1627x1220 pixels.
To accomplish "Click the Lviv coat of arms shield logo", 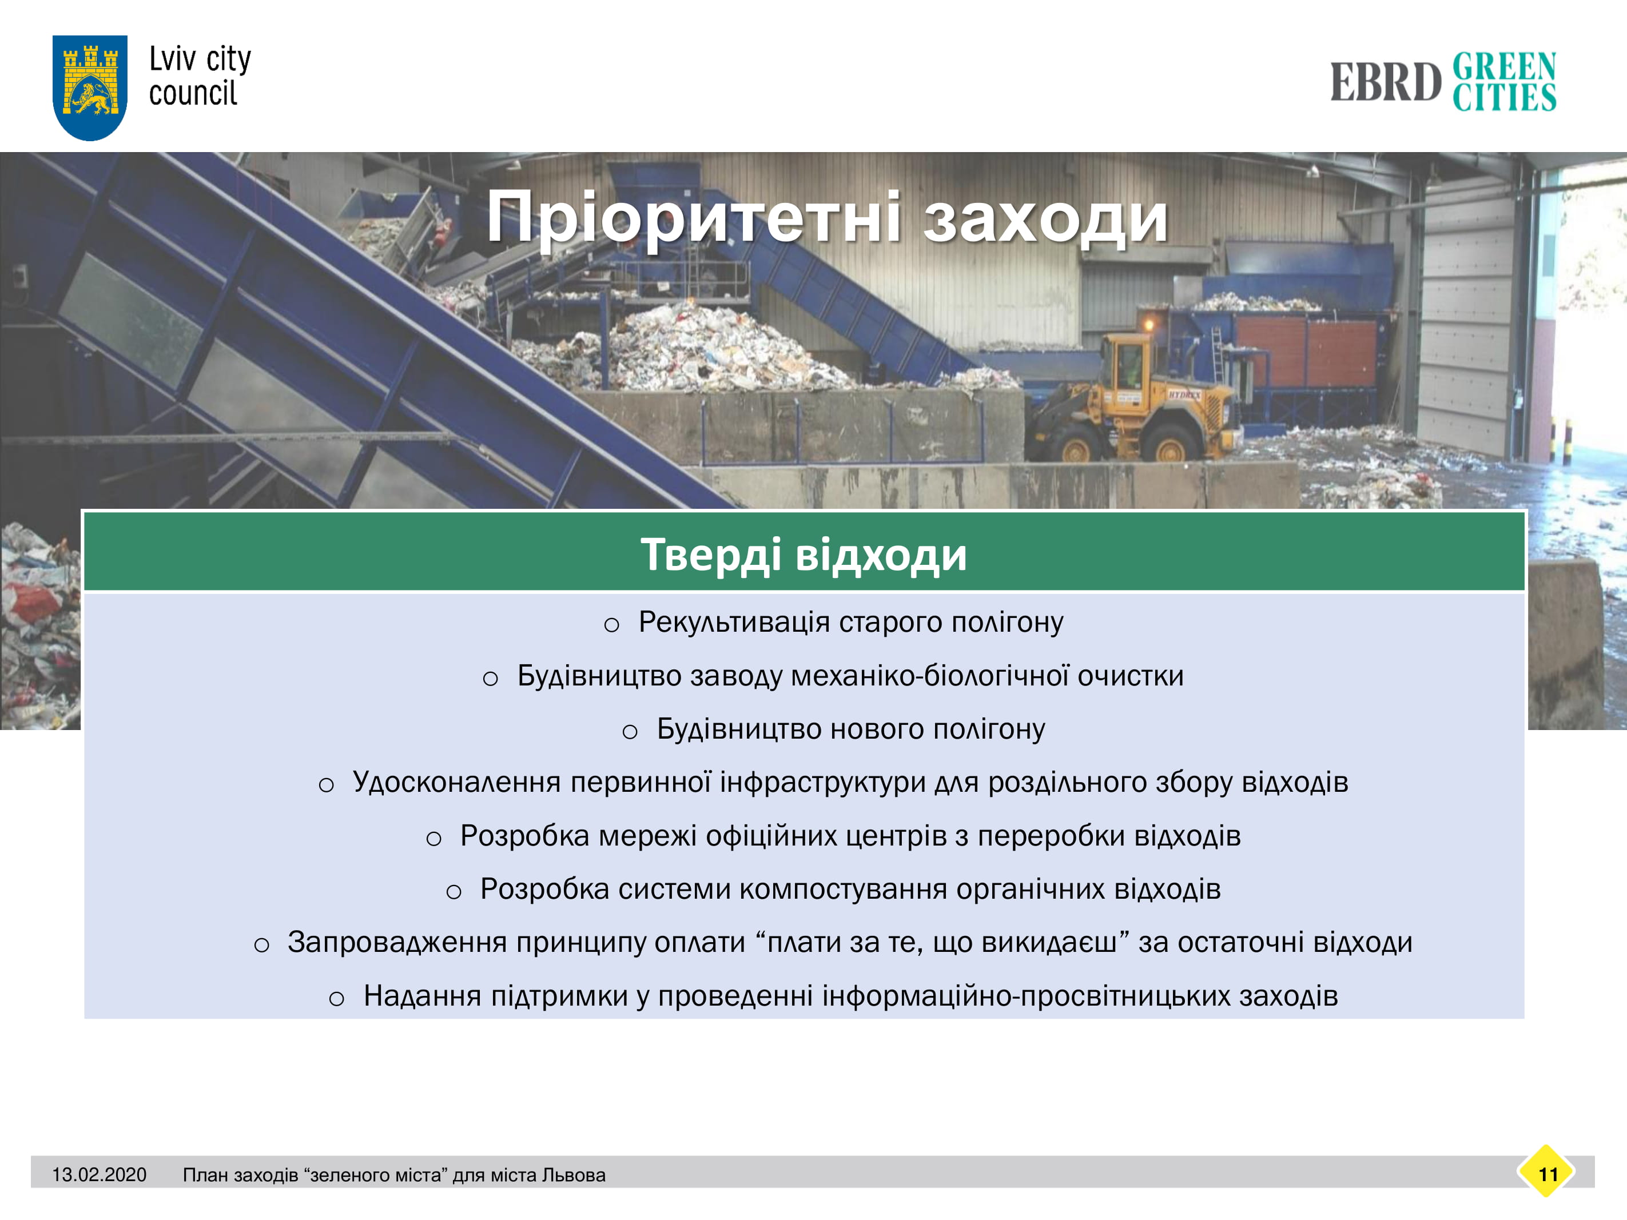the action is (x=90, y=87).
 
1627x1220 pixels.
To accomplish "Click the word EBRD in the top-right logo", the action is (x=1386, y=82).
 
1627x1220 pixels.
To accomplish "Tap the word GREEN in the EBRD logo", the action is (x=1504, y=66).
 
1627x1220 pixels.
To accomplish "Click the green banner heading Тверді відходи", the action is (x=804, y=554).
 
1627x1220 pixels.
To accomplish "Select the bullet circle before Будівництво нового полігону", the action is (x=630, y=732).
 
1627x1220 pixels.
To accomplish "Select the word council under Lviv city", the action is (x=193, y=93).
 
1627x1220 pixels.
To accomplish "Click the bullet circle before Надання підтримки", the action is (x=336, y=999).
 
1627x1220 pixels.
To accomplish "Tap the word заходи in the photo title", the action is (x=1045, y=218).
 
